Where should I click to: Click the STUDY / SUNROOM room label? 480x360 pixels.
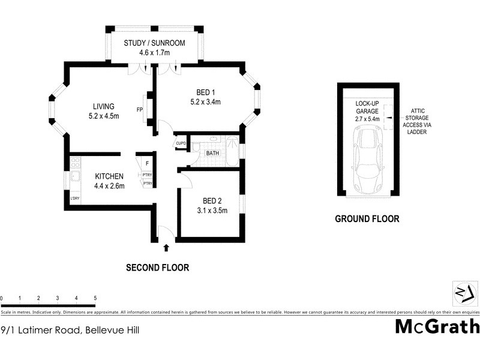(154, 43)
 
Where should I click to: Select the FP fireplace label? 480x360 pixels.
(140, 110)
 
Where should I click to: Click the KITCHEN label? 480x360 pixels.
(109, 176)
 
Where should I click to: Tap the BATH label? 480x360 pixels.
(212, 154)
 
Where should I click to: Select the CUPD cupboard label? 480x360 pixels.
(181, 143)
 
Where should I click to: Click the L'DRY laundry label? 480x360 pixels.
(75, 199)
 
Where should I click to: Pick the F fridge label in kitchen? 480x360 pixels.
(147, 163)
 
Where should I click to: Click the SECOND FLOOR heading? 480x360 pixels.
(157, 268)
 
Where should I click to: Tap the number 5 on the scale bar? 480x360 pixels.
(95, 298)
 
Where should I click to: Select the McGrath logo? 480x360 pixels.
(437, 327)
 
